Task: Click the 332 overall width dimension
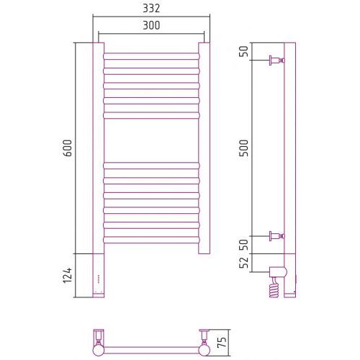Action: click(151, 9)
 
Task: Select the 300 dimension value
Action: click(151, 25)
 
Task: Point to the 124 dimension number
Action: click(68, 275)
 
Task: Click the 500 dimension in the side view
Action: click(244, 148)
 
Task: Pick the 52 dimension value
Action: click(244, 263)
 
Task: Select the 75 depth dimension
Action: click(222, 343)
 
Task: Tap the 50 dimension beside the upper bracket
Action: click(244, 51)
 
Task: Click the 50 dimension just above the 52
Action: click(244, 245)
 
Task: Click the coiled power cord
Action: click(274, 287)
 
